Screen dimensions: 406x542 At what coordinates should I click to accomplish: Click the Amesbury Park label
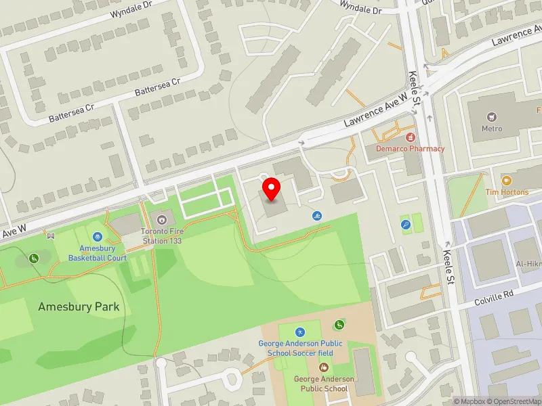(79, 307)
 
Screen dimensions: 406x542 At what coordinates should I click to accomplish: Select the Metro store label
(492, 129)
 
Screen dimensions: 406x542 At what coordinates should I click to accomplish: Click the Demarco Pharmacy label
(411, 149)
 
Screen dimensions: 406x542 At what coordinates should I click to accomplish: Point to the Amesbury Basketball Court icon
(98, 237)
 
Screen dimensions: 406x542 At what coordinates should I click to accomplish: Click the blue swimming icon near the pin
(318, 216)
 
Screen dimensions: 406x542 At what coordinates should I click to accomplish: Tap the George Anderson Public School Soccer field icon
(300, 332)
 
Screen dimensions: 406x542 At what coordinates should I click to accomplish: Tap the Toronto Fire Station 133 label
(162, 235)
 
